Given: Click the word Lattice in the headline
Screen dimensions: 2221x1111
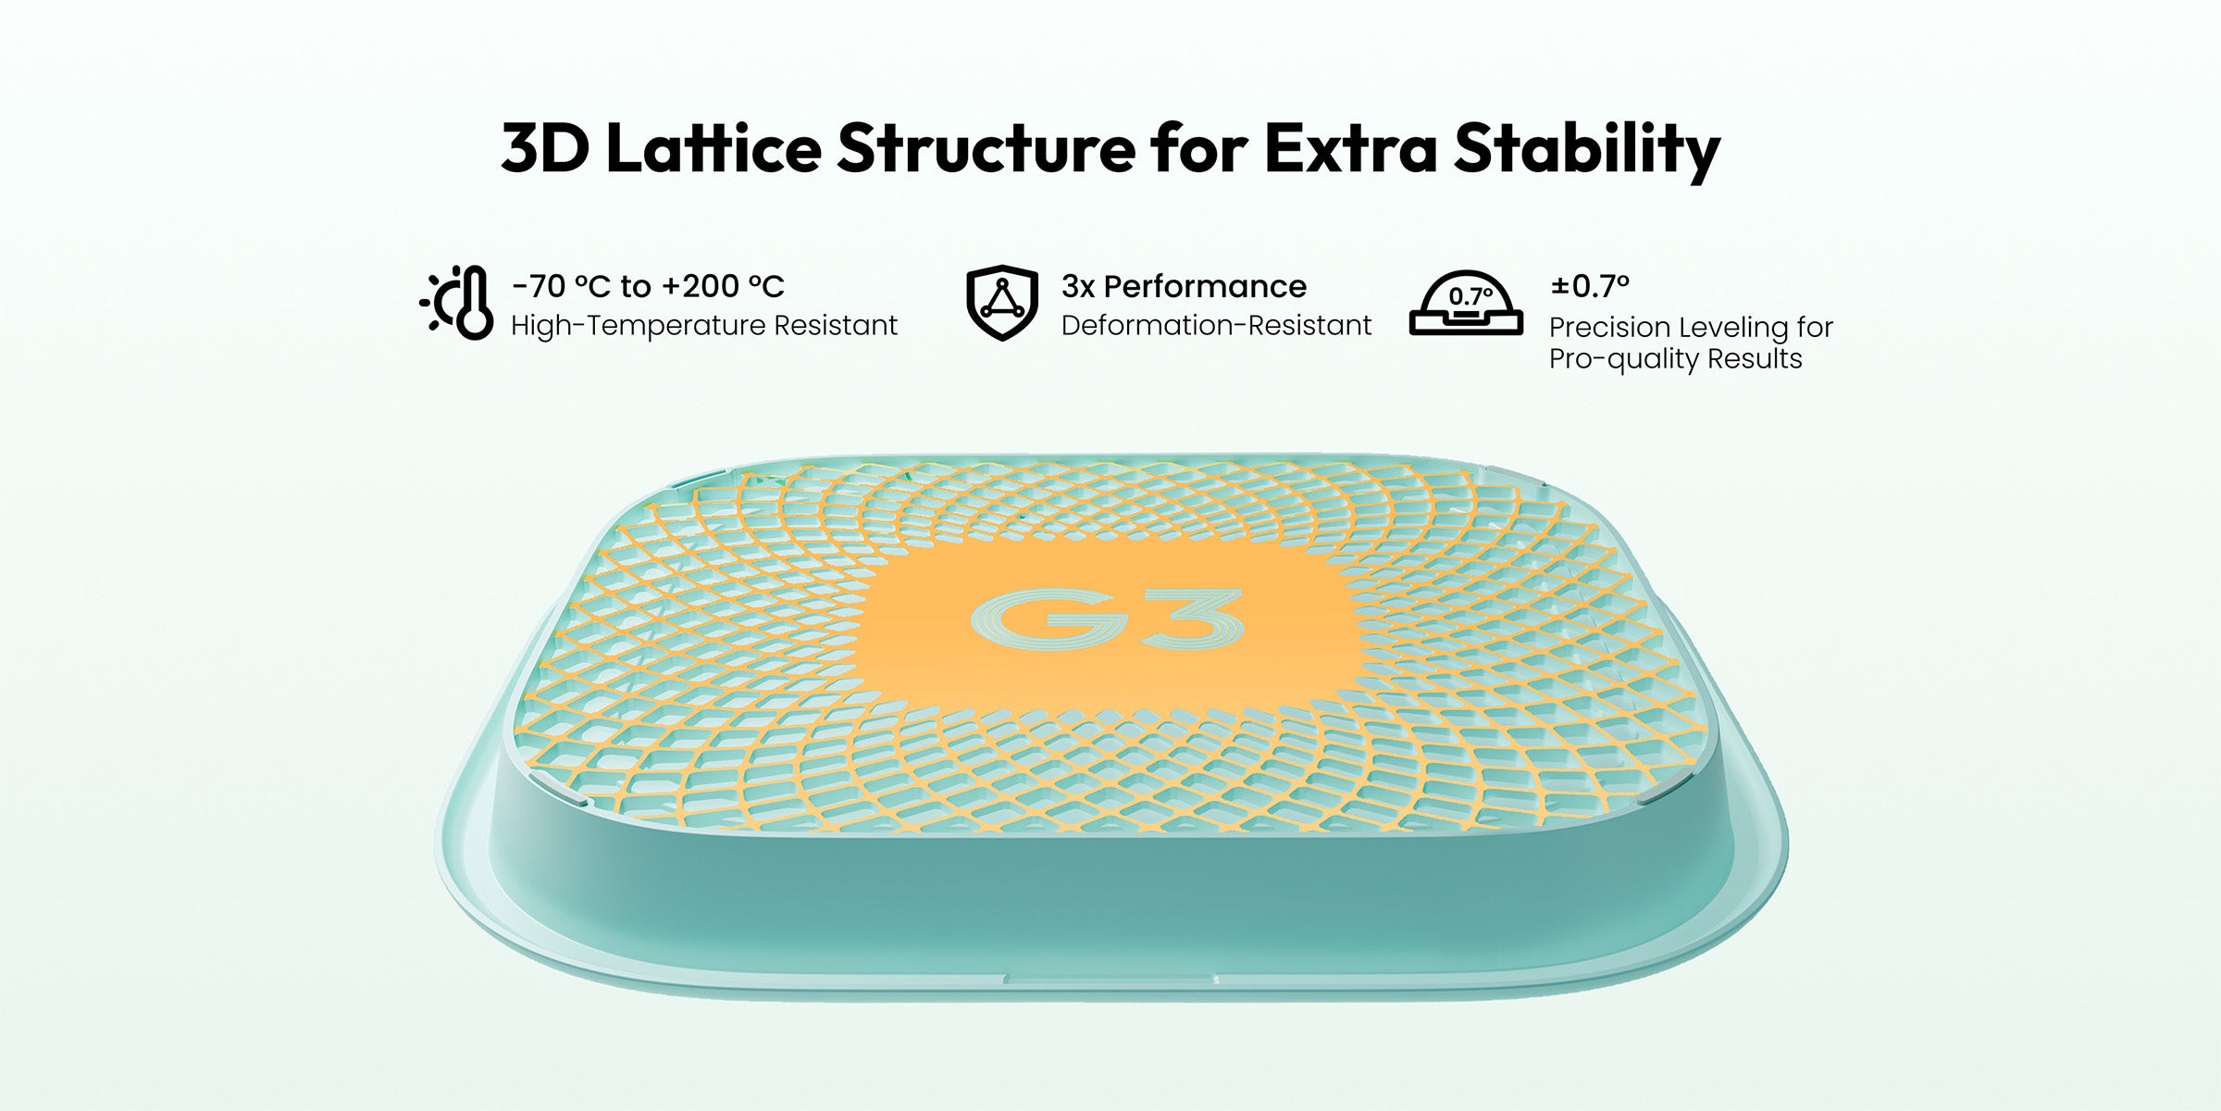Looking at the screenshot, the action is tap(714, 148).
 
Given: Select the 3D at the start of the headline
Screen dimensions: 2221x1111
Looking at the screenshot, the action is tap(545, 148).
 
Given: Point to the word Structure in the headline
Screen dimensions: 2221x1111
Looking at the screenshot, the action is tap(986, 149).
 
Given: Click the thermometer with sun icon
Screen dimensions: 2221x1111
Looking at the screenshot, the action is tap(455, 303).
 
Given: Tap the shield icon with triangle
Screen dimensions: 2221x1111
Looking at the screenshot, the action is tap(1001, 303).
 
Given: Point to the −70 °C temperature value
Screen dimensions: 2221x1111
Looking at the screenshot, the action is tap(561, 286).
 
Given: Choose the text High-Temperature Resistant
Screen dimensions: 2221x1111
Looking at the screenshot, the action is tap(704, 326).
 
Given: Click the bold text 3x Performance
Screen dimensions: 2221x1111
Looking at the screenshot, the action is tap(1184, 286).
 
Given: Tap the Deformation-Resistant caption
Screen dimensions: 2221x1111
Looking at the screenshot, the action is tap(1216, 326).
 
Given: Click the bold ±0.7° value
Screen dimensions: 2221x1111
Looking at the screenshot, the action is tap(1589, 286).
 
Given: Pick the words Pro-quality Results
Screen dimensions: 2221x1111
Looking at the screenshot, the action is tap(1676, 359).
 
